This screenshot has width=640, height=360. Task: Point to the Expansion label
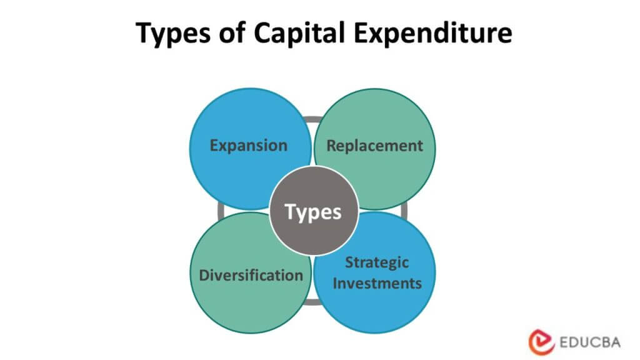tap(249, 146)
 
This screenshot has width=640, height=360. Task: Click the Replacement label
tap(375, 146)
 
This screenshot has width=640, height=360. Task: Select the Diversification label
tap(251, 275)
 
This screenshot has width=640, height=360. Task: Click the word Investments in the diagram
tap(377, 282)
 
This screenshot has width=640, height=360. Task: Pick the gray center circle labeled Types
tap(314, 211)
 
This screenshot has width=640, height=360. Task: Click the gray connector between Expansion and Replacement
tap(312, 119)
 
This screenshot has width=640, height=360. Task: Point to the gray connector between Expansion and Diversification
tap(221, 211)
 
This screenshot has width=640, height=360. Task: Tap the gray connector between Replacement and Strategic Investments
tap(404, 211)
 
